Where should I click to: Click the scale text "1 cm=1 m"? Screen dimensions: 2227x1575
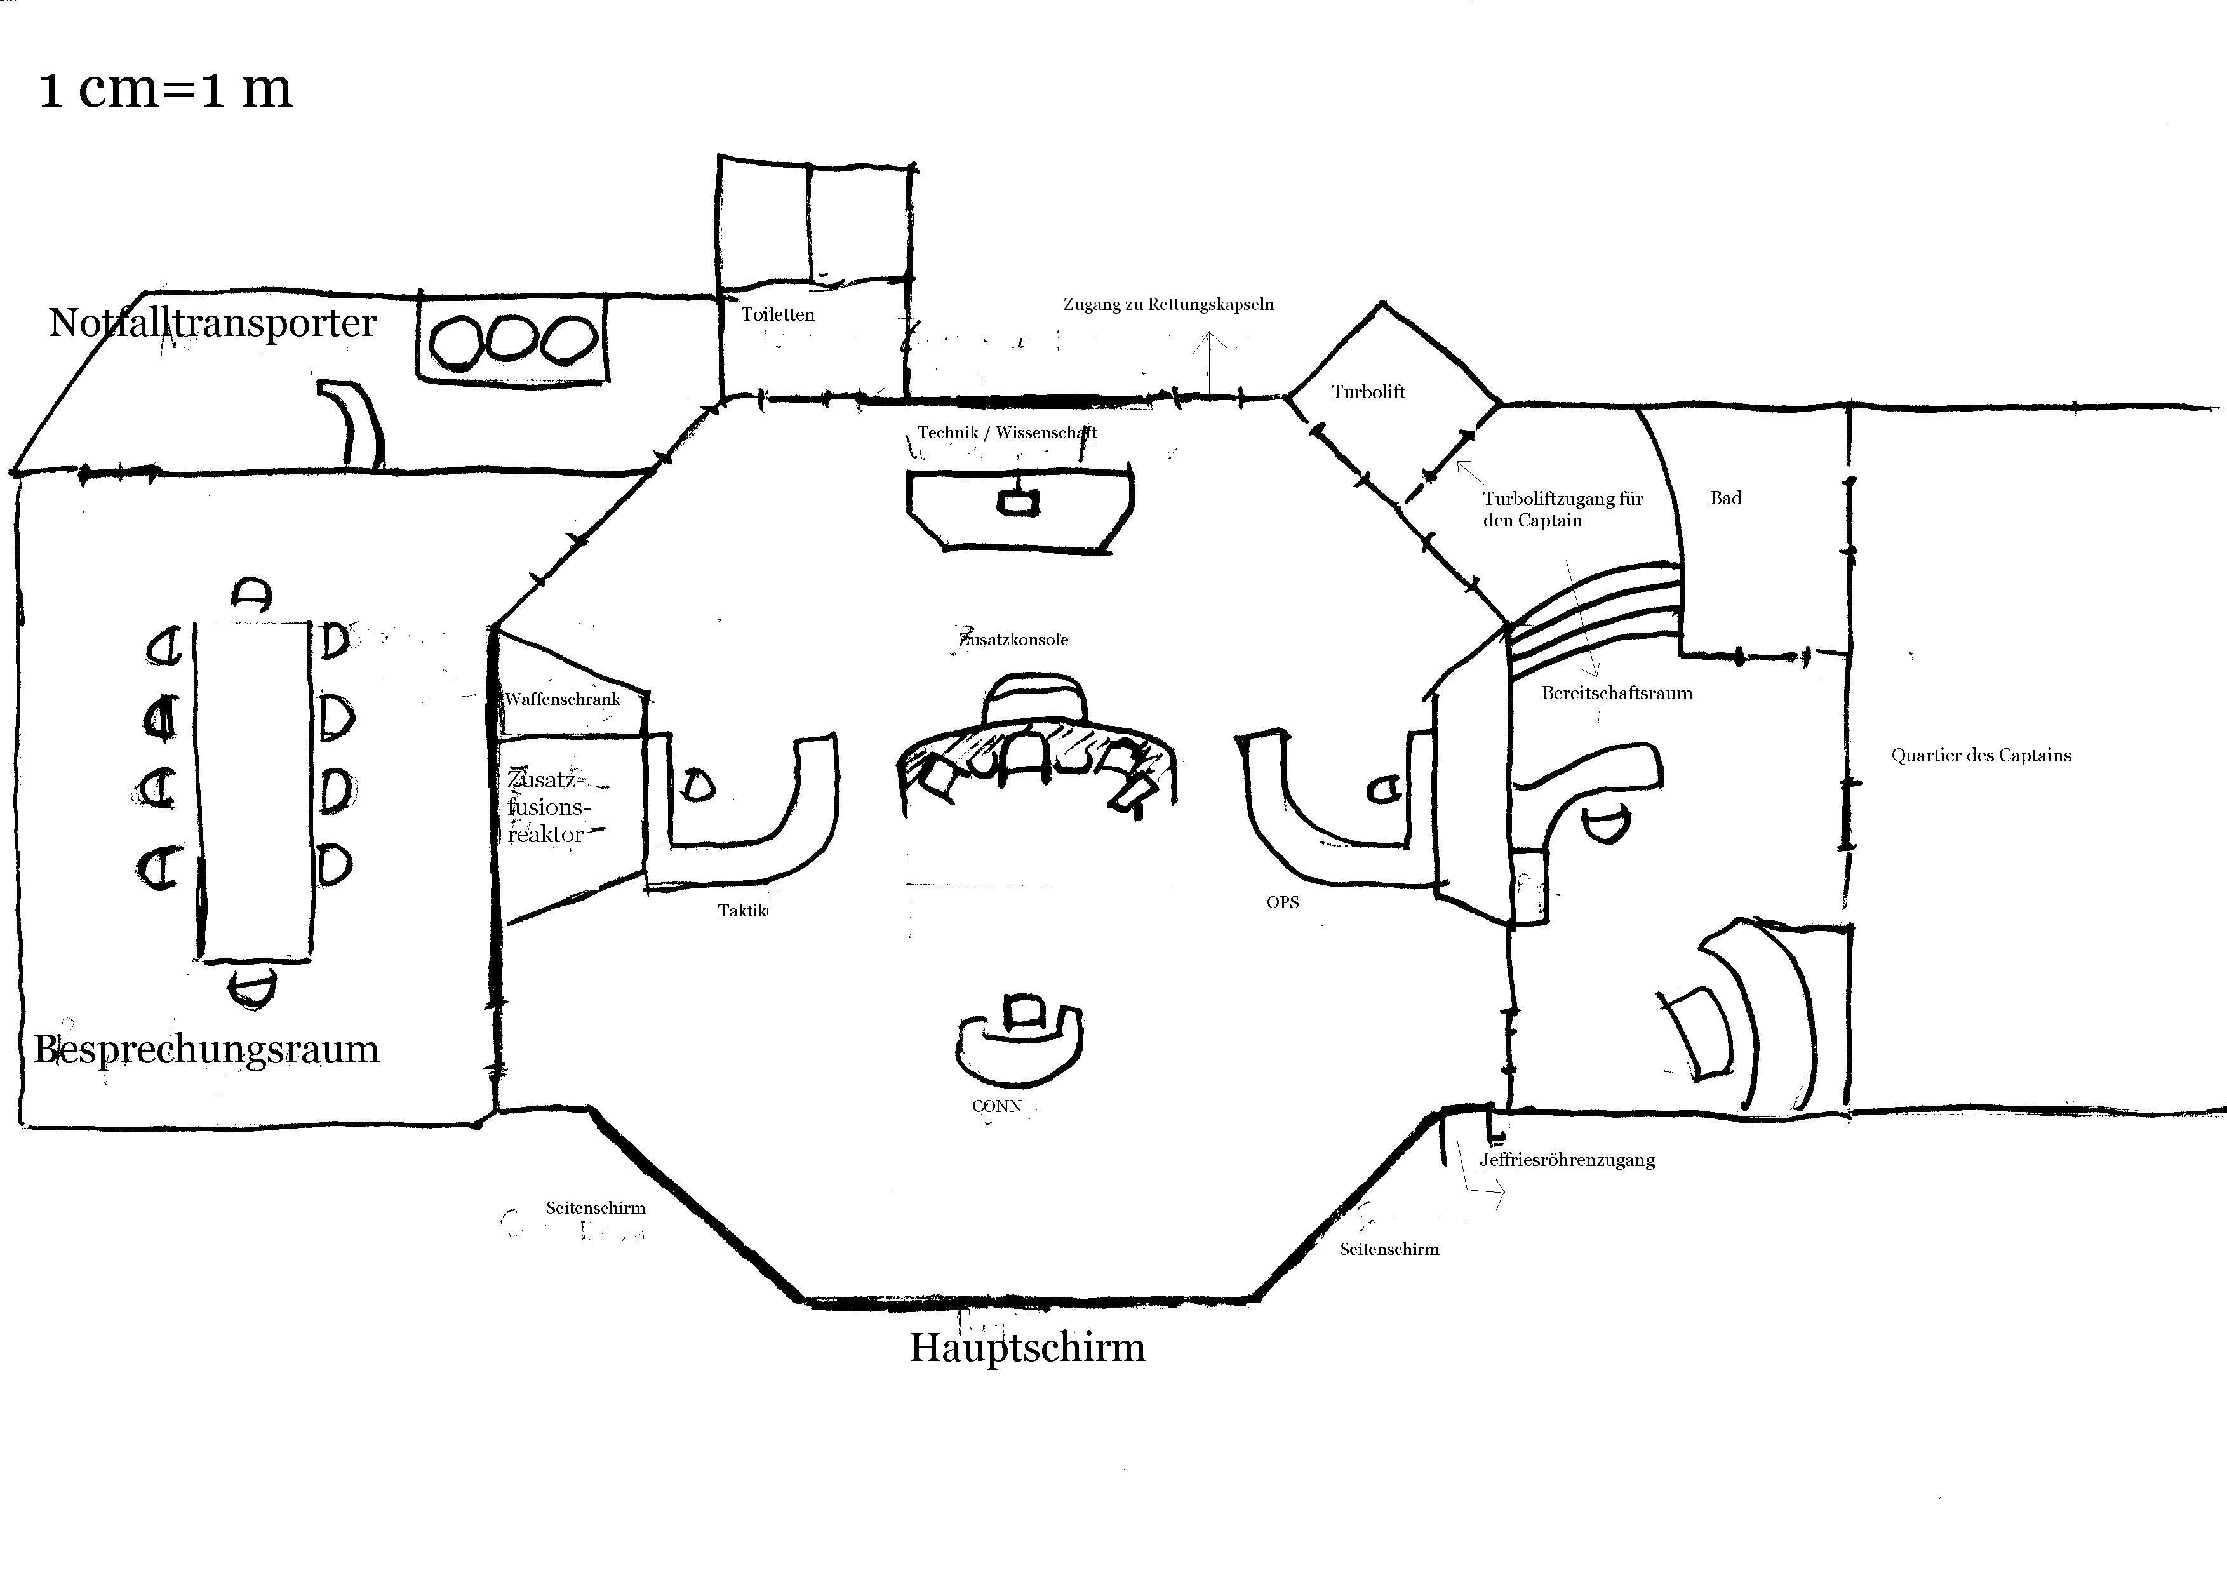(165, 89)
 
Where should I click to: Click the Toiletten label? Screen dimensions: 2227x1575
(778, 314)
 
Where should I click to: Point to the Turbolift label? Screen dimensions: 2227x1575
(1368, 392)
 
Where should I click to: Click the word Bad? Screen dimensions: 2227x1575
(1725, 497)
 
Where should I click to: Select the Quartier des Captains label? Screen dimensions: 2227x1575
(1981, 756)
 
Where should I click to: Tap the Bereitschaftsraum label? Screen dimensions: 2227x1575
(1617, 694)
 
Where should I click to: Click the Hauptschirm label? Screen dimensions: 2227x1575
(1027, 1348)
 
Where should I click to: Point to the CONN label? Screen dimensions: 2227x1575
(997, 1106)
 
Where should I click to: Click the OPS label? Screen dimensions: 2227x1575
(1282, 902)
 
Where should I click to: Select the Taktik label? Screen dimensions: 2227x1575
(742, 911)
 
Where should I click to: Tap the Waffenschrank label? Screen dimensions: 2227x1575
(563, 699)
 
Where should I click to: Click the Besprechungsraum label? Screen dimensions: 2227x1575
(206, 1049)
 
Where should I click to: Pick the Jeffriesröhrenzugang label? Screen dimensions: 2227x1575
(1567, 1160)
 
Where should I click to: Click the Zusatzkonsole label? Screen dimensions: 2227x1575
(1013, 639)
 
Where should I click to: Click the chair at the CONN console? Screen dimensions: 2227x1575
(1022, 1014)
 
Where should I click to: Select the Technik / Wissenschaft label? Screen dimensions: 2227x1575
(1006, 432)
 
